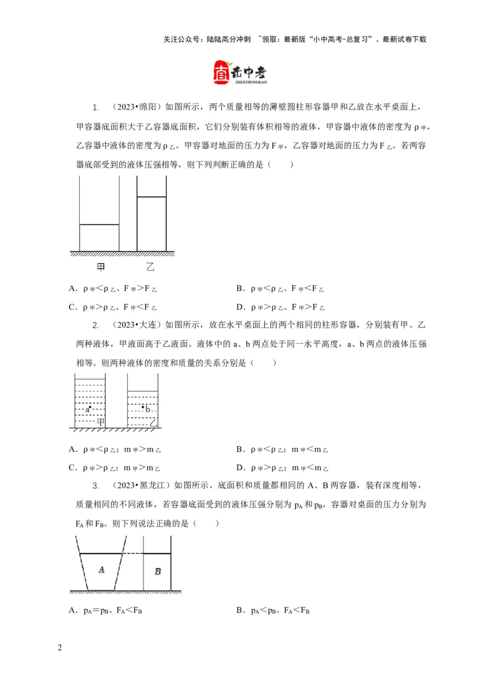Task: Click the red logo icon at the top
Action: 222,72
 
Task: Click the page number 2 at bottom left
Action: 59,649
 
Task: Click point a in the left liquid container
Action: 88,408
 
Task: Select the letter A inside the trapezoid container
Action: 101,569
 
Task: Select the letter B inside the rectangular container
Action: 157,571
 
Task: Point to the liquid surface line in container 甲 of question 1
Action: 99,225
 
